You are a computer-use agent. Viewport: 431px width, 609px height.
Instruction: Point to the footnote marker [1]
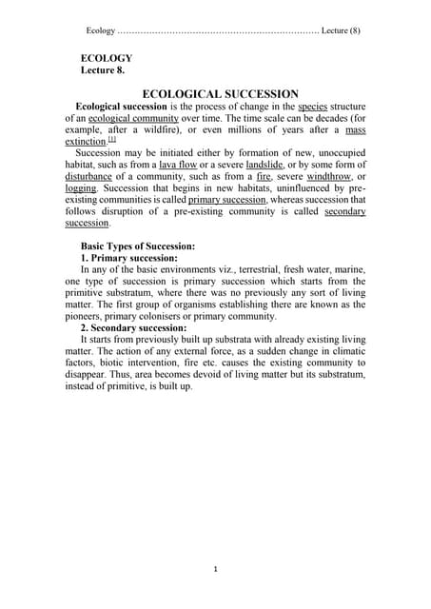click(x=111, y=139)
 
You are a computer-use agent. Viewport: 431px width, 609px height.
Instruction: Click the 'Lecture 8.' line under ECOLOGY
click(x=102, y=69)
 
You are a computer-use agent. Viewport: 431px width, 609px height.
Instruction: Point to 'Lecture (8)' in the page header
click(x=341, y=30)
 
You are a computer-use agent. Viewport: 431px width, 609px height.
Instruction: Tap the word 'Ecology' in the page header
click(x=101, y=30)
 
